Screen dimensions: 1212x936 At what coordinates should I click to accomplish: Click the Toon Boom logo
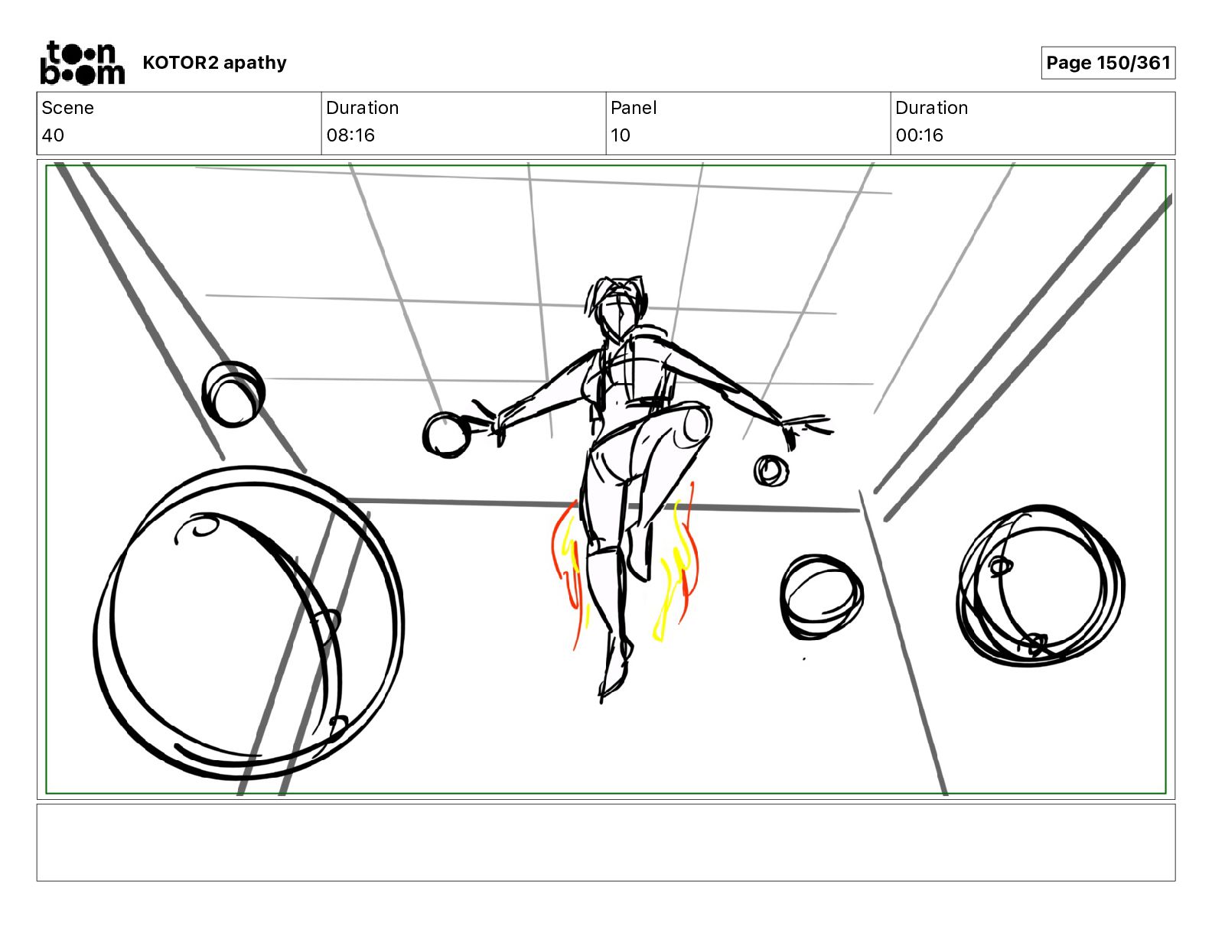pos(82,63)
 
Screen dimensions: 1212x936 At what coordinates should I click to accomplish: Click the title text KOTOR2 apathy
pos(214,63)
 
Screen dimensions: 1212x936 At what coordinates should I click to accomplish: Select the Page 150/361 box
pos(1107,63)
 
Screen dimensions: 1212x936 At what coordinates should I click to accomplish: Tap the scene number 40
pos(53,135)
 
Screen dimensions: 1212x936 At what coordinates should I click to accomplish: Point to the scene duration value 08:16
pos(350,135)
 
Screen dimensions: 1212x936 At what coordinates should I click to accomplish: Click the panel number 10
pos(620,135)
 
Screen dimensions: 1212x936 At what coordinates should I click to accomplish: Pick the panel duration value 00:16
pos(919,135)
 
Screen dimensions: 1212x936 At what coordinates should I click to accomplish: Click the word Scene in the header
pos(67,108)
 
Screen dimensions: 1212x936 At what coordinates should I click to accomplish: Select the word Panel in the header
pos(634,108)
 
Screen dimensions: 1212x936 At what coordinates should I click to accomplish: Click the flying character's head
pos(618,309)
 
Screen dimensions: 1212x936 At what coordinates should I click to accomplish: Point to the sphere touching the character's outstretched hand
pos(446,435)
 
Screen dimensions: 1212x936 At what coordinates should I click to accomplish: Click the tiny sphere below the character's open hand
pos(770,470)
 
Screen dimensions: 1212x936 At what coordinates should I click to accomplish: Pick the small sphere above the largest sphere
pos(233,395)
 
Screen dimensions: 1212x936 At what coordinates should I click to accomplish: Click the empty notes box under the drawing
pos(605,842)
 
